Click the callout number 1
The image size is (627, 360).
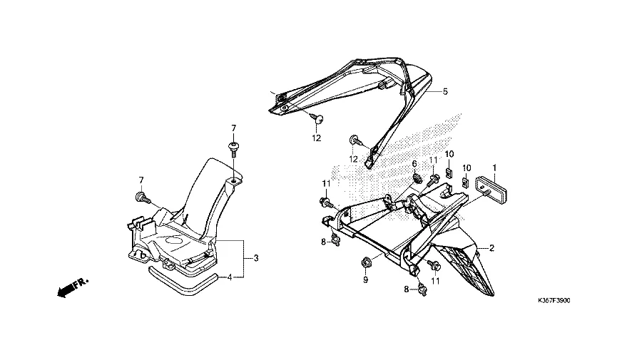click(494, 168)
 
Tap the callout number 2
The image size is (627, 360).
click(492, 248)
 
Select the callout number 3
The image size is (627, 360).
click(256, 258)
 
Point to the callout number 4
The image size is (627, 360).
click(230, 277)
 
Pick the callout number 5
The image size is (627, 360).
click(445, 91)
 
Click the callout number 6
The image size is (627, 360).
click(414, 164)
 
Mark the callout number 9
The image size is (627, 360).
click(365, 280)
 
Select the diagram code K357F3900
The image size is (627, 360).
click(554, 301)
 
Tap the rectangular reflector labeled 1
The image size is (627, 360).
click(491, 190)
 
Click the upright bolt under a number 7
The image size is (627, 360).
click(233, 150)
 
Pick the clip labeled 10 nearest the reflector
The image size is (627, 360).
click(466, 182)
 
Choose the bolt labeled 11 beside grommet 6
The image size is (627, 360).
click(432, 180)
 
